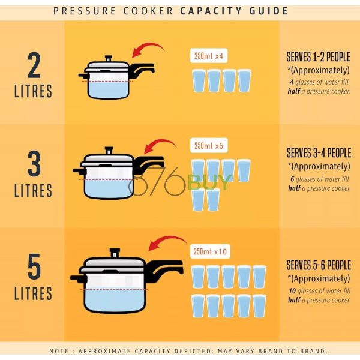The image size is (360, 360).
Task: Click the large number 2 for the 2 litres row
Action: point(34,65)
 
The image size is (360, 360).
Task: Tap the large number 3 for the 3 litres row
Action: point(34,163)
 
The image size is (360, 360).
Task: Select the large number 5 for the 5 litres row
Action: point(34,266)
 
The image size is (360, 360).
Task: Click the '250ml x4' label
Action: point(209,56)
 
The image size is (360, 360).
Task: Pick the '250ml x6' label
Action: point(209,146)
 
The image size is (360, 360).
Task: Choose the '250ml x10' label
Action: point(210,251)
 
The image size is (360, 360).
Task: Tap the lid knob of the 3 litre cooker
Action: point(109,151)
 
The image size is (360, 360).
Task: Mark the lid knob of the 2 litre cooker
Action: point(108,58)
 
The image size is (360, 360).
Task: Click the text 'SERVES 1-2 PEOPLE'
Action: point(319,57)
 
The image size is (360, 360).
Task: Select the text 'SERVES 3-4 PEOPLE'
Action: point(319,153)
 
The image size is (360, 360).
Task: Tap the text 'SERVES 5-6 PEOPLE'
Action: point(319,265)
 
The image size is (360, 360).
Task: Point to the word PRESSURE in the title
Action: point(85,11)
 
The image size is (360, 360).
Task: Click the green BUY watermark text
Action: point(209,182)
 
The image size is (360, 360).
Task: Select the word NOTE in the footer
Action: point(59,351)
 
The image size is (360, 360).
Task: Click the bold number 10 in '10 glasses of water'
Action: point(292,291)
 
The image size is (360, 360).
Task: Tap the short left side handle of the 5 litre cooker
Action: point(78,278)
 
